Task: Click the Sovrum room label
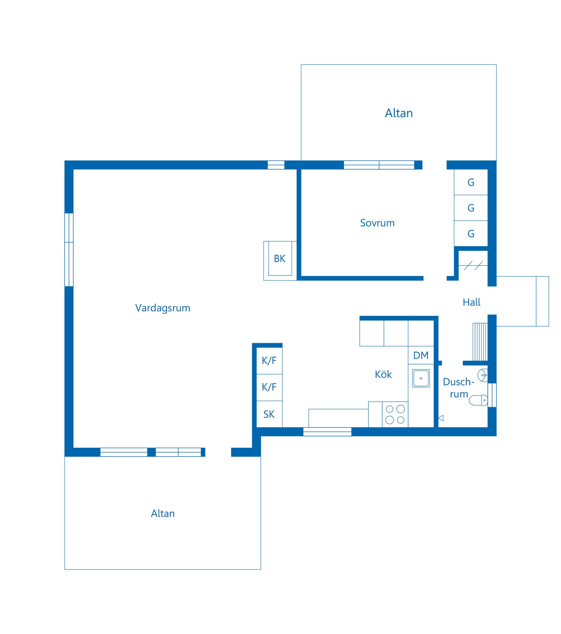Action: click(377, 223)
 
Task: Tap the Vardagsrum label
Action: click(162, 308)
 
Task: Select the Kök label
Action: click(383, 374)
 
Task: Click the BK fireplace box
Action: click(280, 261)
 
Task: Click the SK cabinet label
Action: click(269, 414)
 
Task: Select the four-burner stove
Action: click(395, 414)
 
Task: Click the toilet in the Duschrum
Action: click(478, 400)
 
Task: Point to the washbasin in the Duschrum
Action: click(482, 375)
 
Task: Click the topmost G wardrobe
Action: click(471, 182)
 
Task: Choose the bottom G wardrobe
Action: click(471, 234)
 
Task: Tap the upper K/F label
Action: click(269, 360)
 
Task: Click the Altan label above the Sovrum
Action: click(399, 113)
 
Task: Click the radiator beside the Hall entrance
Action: click(480, 342)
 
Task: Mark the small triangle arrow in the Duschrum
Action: click(441, 418)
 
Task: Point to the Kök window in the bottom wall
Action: click(327, 432)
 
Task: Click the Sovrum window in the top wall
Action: click(379, 165)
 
